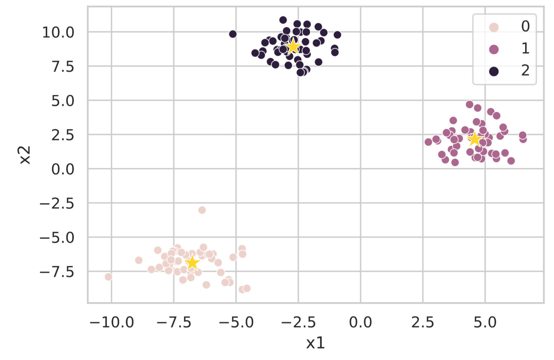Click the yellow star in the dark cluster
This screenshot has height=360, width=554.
[x=293, y=46]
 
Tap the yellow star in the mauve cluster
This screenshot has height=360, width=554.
[x=475, y=139]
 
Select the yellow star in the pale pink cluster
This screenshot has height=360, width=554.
[x=192, y=262]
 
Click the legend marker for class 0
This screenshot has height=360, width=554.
[x=493, y=27]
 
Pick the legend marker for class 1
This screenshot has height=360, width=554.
[x=493, y=49]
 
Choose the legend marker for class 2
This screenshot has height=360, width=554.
[x=493, y=71]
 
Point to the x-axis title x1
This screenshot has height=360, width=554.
[x=315, y=343]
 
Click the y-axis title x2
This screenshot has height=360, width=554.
[x=25, y=155]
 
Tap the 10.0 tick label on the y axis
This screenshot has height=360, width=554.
[x=58, y=32]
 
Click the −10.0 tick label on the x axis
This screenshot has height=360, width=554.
[x=111, y=322]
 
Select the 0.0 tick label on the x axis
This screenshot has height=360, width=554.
[x=360, y=322]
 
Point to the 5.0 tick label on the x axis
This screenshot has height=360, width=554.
[x=485, y=322]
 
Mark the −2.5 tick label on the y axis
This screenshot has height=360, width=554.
[x=57, y=203]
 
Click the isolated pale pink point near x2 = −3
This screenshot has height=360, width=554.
[x=202, y=210]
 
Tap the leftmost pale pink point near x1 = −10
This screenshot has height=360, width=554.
[x=109, y=277]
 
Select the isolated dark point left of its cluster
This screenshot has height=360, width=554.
[x=233, y=34]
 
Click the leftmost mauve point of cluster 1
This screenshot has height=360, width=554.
[x=428, y=142]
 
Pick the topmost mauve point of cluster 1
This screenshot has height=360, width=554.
[x=469, y=105]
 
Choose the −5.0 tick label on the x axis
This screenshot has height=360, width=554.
[x=236, y=322]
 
